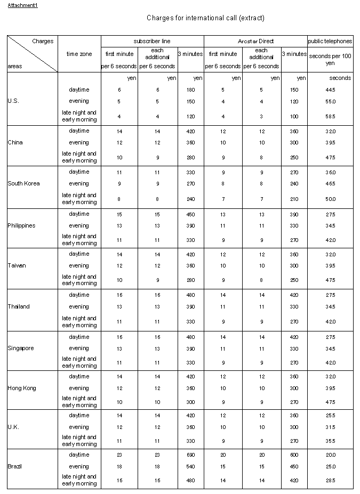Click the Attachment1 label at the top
22,5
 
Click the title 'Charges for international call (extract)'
205,18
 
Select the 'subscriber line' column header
152,41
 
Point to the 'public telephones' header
330,41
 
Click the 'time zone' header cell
79,54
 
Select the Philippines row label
21,225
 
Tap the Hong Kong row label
22,388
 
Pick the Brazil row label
15,466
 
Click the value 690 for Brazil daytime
190,455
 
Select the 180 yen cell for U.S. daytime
190,90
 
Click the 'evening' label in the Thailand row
79,306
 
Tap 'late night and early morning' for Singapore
79,362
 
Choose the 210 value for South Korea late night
294,199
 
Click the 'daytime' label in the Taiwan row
79,254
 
